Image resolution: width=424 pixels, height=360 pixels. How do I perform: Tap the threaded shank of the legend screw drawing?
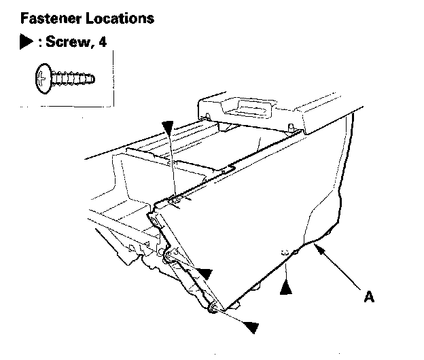click(x=71, y=79)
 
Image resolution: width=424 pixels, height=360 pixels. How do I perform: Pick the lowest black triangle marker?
click(x=251, y=327)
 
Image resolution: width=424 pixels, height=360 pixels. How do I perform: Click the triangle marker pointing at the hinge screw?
click(x=204, y=274)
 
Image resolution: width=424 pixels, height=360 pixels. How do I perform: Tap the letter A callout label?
click(x=369, y=296)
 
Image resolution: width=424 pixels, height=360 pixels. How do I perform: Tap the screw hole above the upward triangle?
click(x=285, y=253)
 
